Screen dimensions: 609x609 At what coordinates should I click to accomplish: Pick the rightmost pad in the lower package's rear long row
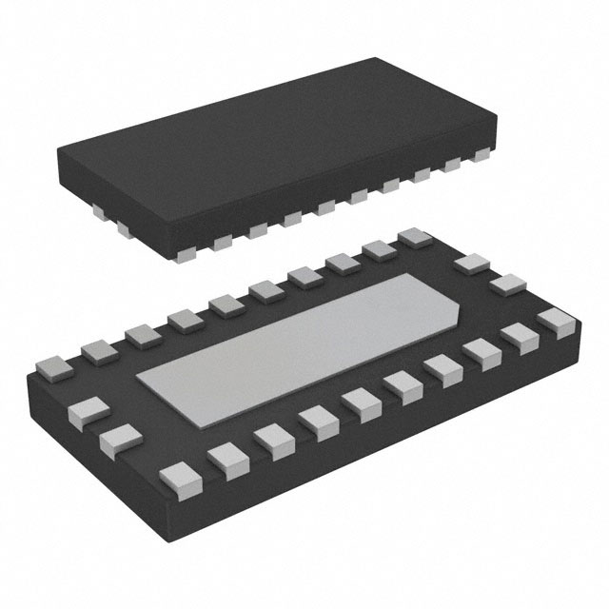[414, 237]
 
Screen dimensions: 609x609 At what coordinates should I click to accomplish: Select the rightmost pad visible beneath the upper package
[476, 167]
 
